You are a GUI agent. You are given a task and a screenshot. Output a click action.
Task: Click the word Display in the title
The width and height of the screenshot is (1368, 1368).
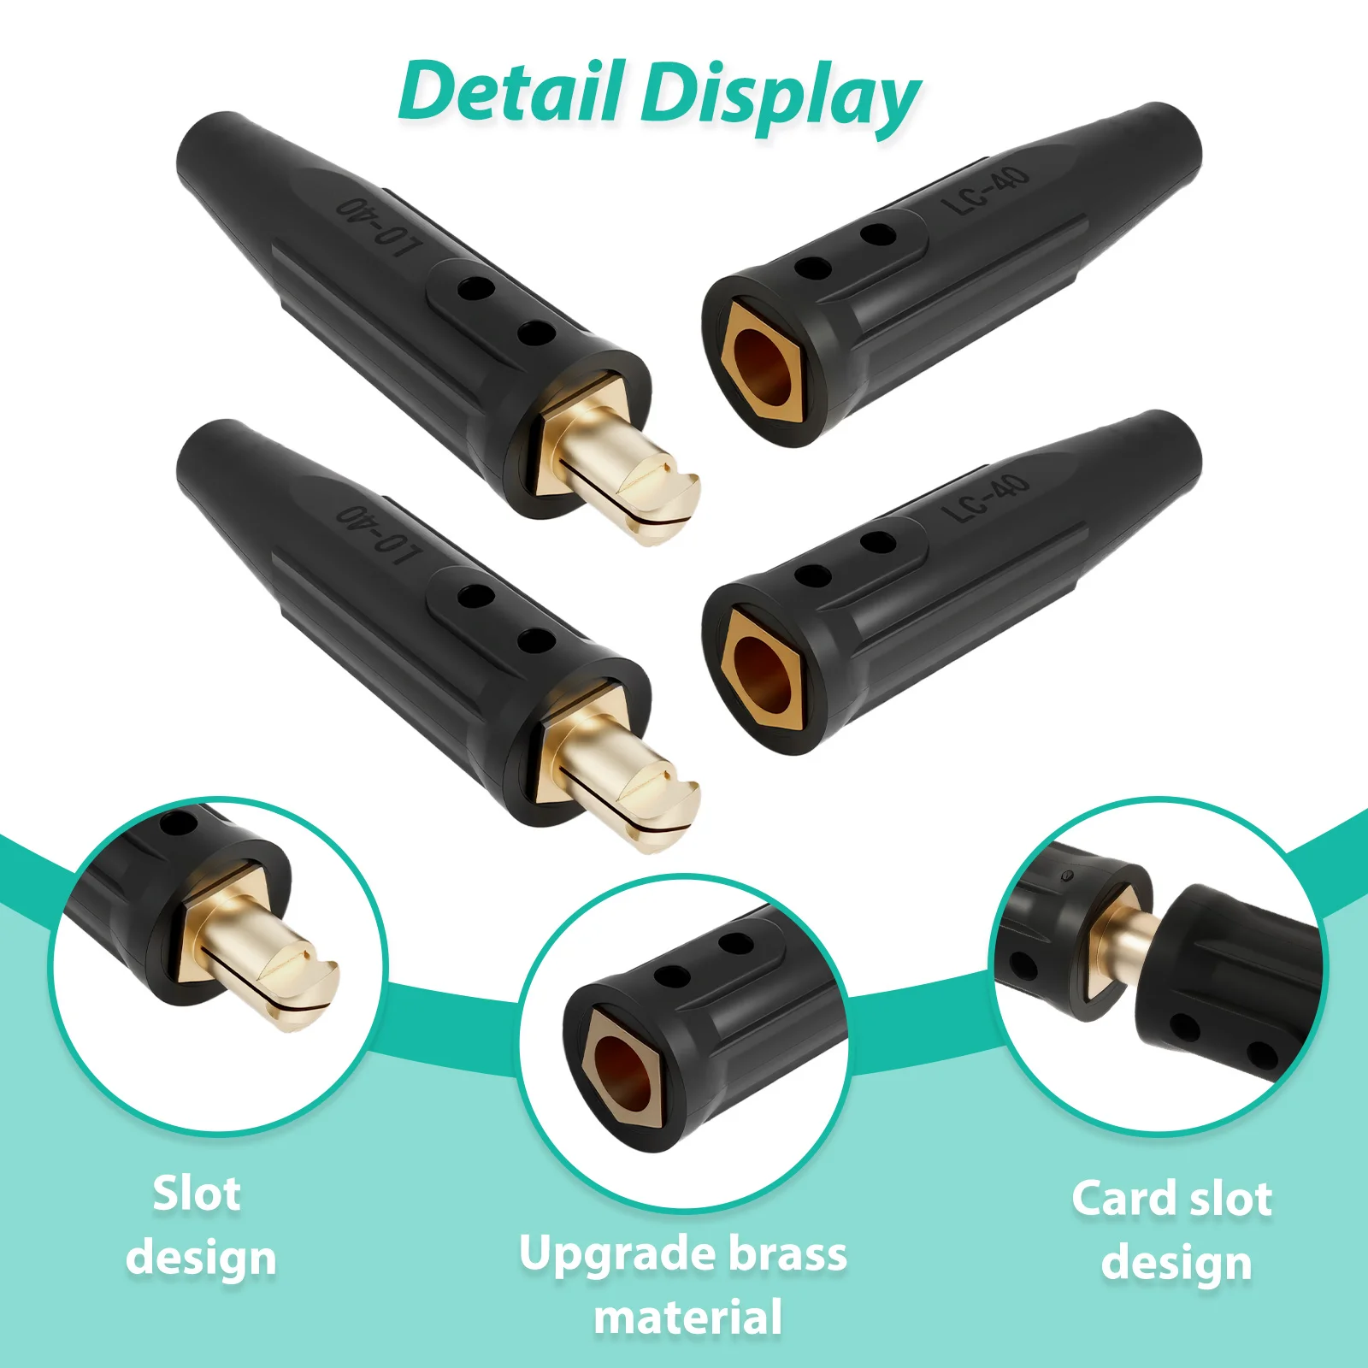point(781,96)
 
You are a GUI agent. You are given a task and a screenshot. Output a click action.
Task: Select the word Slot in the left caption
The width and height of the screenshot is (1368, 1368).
point(197,1194)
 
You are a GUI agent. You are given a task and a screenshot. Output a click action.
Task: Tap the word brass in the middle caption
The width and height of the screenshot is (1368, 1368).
point(787,1253)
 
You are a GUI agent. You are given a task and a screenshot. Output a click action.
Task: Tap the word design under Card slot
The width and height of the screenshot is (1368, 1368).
point(1176,1263)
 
